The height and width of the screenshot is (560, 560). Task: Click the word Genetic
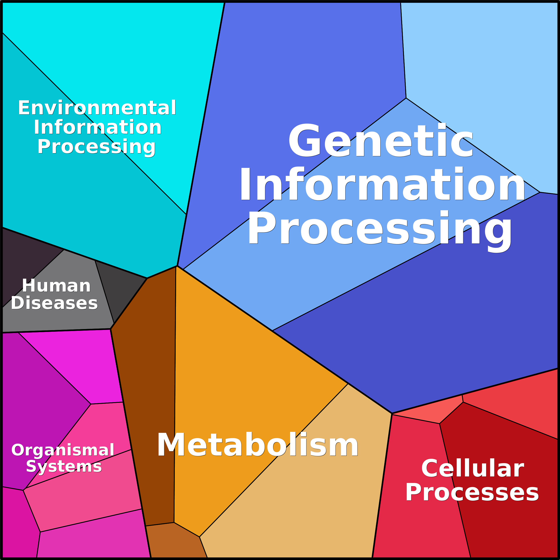pyautogui.click(x=380, y=141)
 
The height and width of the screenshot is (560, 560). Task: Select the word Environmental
pyautogui.click(x=97, y=108)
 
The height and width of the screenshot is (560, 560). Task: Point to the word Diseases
pyautogui.click(x=54, y=303)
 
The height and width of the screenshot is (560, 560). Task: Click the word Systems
pyautogui.click(x=64, y=466)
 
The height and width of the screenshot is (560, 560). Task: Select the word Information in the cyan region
pyautogui.click(x=98, y=128)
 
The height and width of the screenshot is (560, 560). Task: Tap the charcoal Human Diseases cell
pyautogui.click(x=122, y=287)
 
